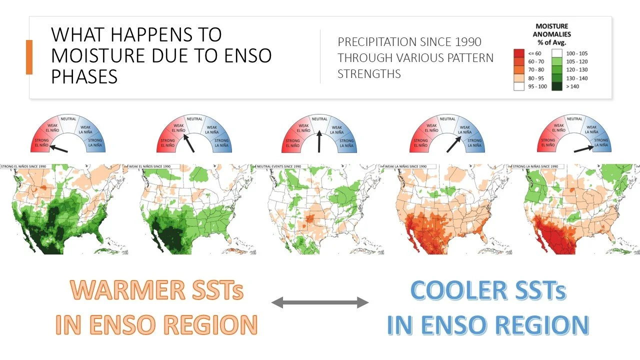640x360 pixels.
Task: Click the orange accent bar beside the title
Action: (x=29, y=57)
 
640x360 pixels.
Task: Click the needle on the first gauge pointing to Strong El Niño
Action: (x=59, y=148)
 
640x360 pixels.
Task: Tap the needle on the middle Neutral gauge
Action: (x=319, y=142)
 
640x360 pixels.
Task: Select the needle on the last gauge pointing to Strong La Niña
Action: (x=583, y=148)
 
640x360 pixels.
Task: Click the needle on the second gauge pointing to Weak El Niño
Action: (x=189, y=143)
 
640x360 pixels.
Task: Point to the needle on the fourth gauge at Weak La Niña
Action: (x=454, y=143)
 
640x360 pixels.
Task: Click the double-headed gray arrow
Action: (x=320, y=302)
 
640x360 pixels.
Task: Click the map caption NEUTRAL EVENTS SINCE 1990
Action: (x=279, y=166)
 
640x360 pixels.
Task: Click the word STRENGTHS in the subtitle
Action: (x=369, y=74)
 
